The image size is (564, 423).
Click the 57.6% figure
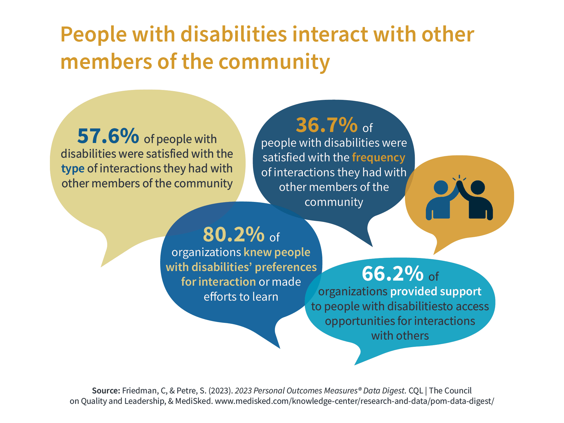tap(108, 136)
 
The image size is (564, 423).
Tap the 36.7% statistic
tap(327, 125)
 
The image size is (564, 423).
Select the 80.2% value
tap(233, 235)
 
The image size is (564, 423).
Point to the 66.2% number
tap(393, 274)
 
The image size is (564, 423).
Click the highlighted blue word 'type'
tap(73, 169)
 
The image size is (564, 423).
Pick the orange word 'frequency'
tap(378, 157)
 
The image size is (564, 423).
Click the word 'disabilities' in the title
tap(233, 34)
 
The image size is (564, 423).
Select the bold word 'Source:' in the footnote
tap(106, 391)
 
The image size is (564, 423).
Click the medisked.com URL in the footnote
tap(354, 401)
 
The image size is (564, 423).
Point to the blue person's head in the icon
tap(441, 188)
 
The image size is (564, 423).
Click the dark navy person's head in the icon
tap(478, 188)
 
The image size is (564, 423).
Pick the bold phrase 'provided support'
tap(436, 292)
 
